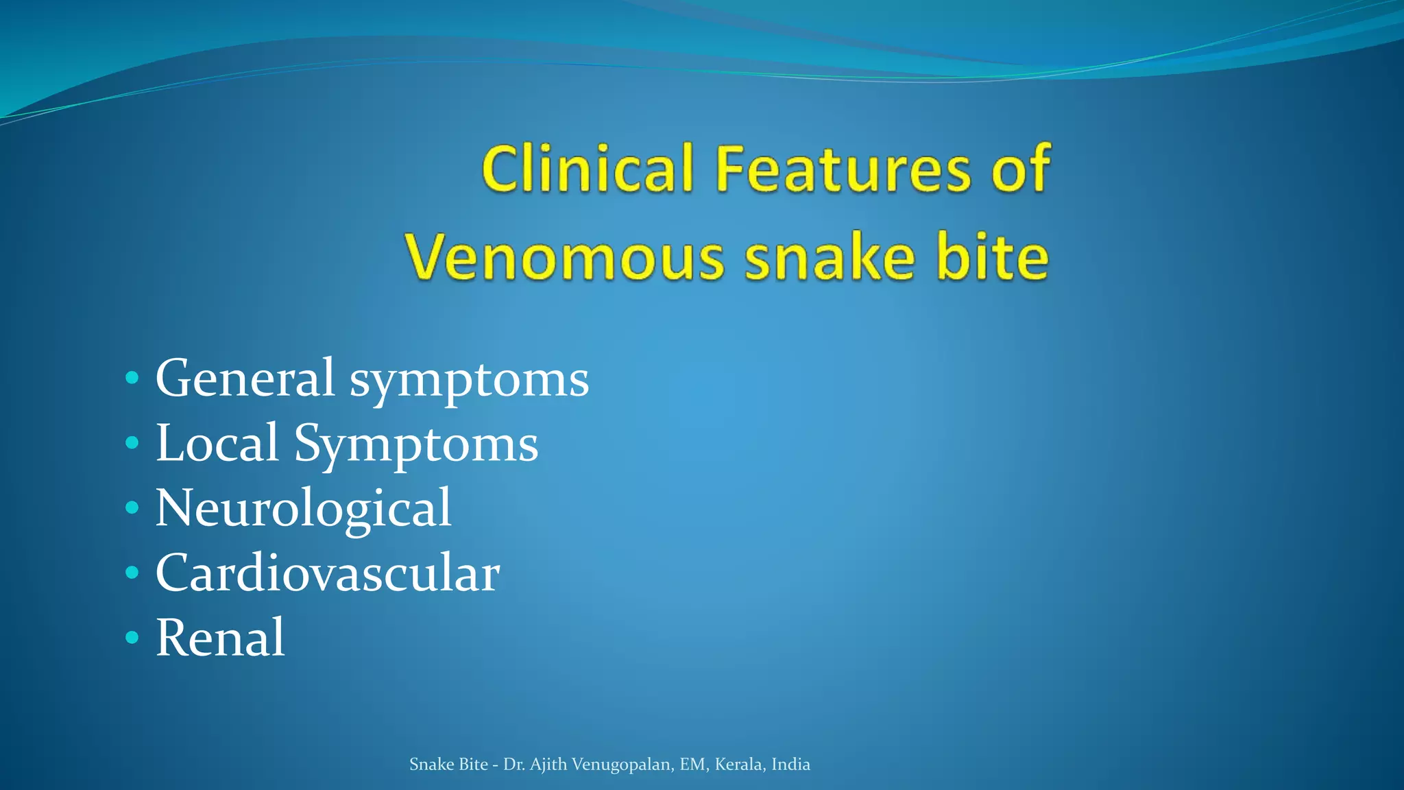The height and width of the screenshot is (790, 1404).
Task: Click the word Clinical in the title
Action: (x=588, y=169)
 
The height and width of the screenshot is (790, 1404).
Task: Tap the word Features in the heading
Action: (x=843, y=169)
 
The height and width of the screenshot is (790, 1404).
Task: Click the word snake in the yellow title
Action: (x=830, y=258)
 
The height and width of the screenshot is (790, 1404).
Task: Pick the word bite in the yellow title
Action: (x=993, y=258)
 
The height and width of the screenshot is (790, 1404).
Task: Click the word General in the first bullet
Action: (x=245, y=378)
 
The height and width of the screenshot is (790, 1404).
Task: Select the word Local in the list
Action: (x=217, y=443)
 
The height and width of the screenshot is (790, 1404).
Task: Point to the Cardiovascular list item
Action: (x=328, y=573)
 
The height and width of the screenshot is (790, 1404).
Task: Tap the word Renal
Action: (x=220, y=638)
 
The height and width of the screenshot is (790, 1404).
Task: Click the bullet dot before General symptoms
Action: (x=132, y=378)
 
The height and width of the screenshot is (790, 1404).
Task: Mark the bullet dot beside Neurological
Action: (x=132, y=508)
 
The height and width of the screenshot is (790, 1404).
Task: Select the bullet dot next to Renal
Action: (x=132, y=638)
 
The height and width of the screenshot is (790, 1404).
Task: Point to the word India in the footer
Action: (x=790, y=765)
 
